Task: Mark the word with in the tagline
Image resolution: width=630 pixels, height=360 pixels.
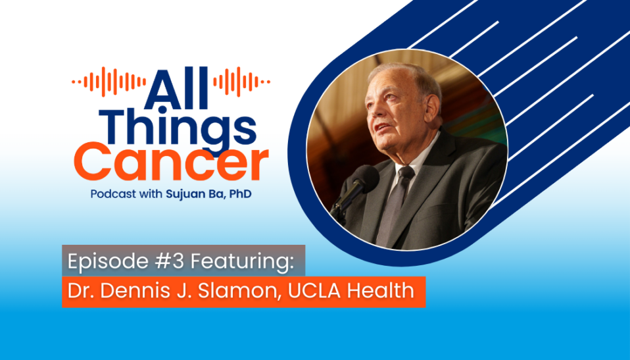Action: coord(153,194)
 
